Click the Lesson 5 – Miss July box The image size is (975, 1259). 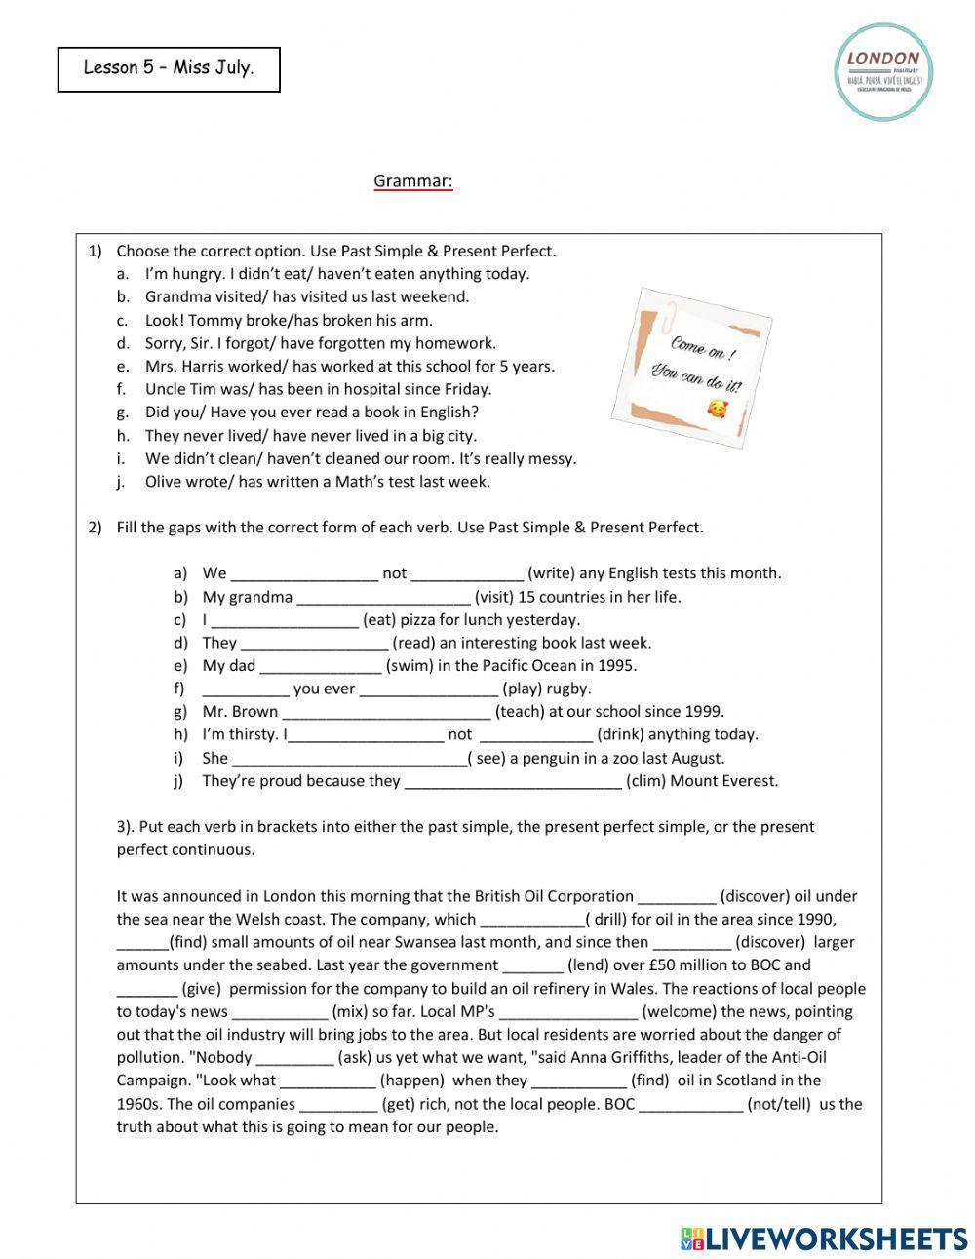(169, 69)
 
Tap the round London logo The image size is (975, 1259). (883, 73)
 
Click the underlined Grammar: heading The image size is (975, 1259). (413, 181)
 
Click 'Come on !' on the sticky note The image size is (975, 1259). (701, 349)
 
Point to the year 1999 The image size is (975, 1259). (703, 712)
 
